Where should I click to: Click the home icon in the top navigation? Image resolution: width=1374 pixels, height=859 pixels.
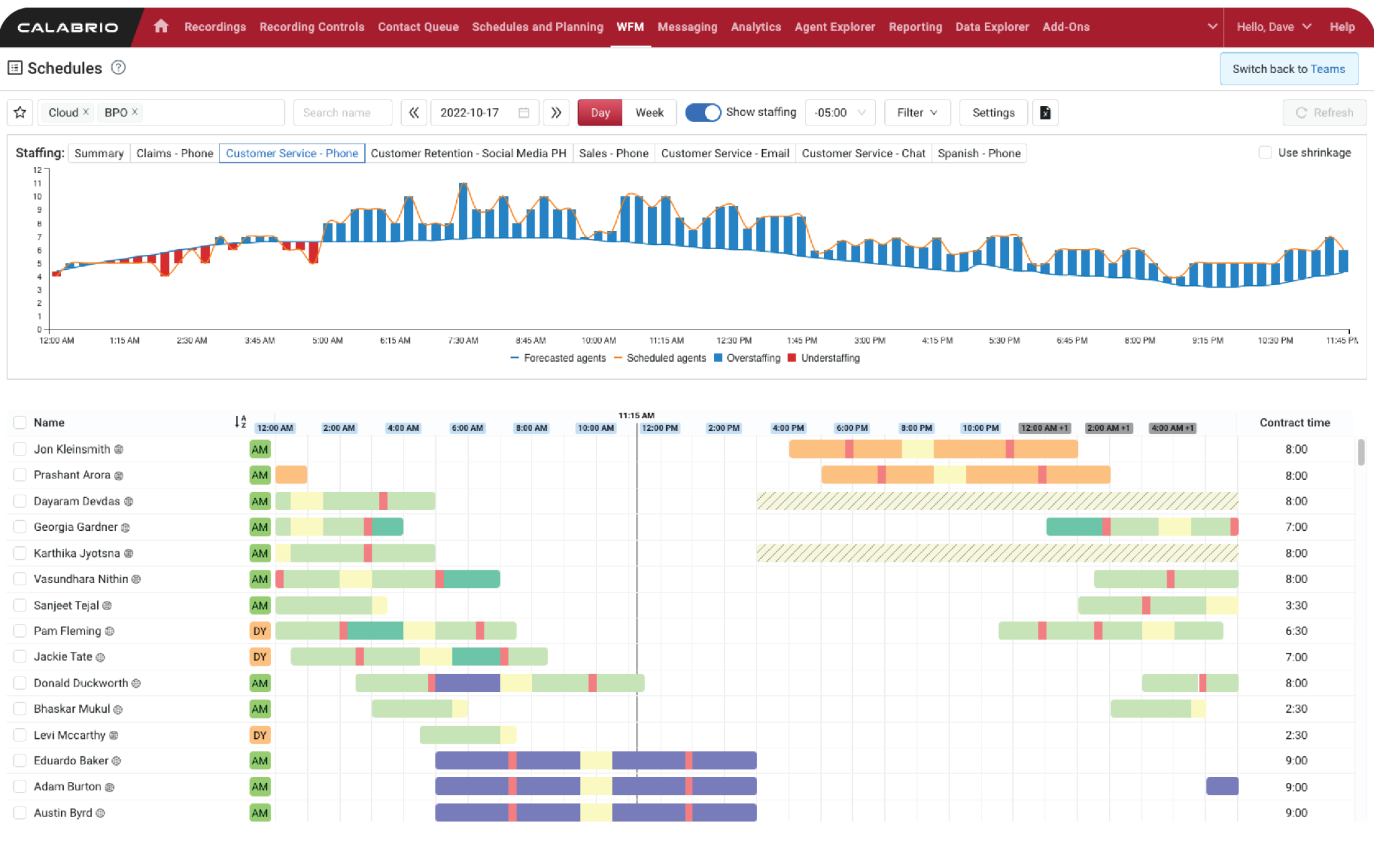(x=160, y=26)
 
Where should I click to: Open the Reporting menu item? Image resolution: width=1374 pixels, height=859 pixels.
(x=915, y=27)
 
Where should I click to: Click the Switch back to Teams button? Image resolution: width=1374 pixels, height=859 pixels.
(x=1288, y=69)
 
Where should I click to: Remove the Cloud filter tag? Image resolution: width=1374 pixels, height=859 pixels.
(x=86, y=112)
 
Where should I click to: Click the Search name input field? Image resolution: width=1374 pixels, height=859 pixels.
(x=342, y=113)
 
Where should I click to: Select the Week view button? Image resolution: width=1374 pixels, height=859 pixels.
(x=649, y=113)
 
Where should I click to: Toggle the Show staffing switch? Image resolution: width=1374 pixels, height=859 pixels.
(x=702, y=113)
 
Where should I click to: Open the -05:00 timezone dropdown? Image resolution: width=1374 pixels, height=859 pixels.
(x=839, y=113)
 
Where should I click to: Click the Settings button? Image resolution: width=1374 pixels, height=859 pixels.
(x=993, y=113)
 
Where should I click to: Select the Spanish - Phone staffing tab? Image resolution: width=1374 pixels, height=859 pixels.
(x=978, y=154)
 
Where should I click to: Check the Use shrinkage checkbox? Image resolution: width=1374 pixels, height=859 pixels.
(x=1265, y=153)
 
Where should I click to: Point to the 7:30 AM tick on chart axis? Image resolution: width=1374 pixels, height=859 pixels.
(x=463, y=340)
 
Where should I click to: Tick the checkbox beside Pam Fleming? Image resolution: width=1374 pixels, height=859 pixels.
(x=20, y=631)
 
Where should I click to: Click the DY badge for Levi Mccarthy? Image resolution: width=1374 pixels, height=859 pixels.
(x=260, y=736)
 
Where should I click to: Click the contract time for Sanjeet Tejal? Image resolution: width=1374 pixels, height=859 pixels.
(x=1296, y=605)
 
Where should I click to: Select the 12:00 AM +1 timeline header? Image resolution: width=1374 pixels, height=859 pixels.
(x=1044, y=428)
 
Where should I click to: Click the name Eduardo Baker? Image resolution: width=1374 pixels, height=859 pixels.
(x=70, y=760)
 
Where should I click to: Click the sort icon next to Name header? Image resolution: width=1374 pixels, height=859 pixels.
(x=240, y=422)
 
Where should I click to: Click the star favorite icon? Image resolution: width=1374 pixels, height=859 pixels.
(x=20, y=113)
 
